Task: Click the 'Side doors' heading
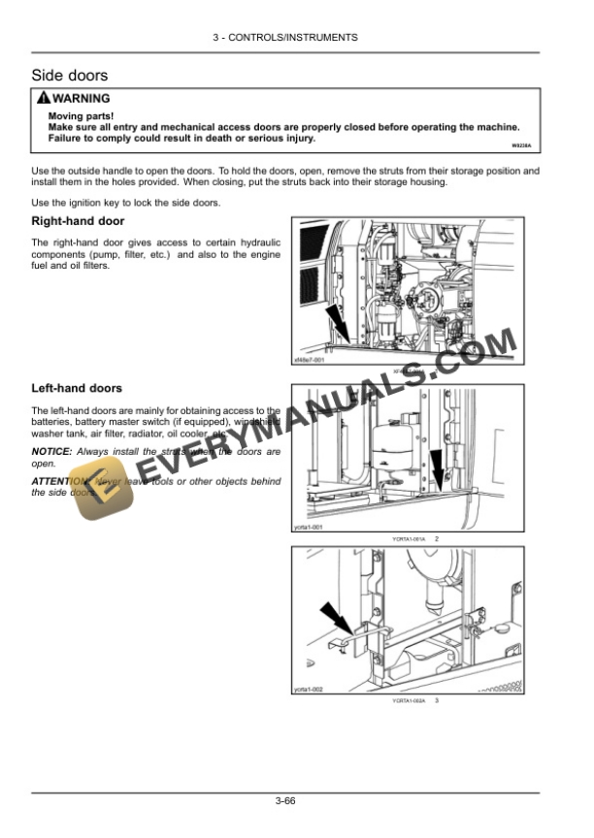[x=70, y=75]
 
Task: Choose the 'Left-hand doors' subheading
[x=77, y=388]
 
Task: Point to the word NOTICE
[x=51, y=452]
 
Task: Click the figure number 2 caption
[x=437, y=538]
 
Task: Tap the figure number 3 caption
[x=437, y=699]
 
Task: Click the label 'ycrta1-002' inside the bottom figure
[x=310, y=688]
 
